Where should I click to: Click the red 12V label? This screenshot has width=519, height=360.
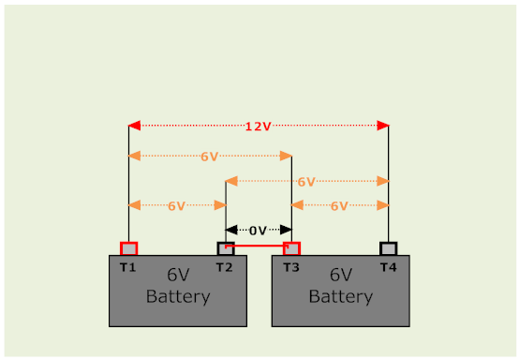(258, 127)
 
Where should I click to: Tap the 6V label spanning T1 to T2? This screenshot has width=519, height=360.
(176, 205)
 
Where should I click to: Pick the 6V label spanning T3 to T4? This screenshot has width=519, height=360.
(339, 205)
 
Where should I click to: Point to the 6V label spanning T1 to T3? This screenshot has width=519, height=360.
(210, 156)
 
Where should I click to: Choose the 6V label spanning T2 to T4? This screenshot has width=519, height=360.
(306, 181)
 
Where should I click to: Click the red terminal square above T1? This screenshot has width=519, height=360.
(128, 248)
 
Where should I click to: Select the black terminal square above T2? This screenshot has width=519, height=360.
(226, 248)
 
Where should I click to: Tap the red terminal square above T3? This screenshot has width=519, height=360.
(292, 248)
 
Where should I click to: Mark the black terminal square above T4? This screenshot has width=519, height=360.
(389, 248)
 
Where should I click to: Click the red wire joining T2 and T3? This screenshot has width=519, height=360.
(259, 247)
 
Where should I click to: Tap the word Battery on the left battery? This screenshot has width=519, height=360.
(178, 296)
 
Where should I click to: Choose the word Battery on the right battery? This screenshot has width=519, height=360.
(340, 296)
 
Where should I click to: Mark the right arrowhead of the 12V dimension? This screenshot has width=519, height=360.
(382, 126)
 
